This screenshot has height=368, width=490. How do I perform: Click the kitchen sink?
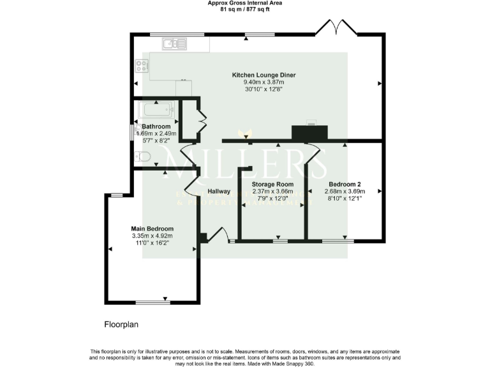pyautogui.click(x=174, y=43)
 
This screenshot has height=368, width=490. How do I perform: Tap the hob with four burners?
pyautogui.click(x=142, y=66)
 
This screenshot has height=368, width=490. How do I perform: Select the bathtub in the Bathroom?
pyautogui.click(x=158, y=110)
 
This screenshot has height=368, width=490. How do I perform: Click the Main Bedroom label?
pyautogui.click(x=152, y=229)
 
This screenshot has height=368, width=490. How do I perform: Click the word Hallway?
pyautogui.click(x=219, y=191)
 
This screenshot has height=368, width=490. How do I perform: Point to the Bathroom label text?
pyautogui.click(x=157, y=126)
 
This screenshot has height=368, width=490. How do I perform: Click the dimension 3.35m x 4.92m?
pyautogui.click(x=152, y=236)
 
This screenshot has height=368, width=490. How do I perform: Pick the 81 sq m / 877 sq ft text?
pyautogui.click(x=245, y=10)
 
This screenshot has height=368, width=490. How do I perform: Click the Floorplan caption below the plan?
pyautogui.click(x=121, y=325)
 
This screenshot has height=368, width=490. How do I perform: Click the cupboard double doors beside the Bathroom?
pyautogui.click(x=202, y=120)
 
